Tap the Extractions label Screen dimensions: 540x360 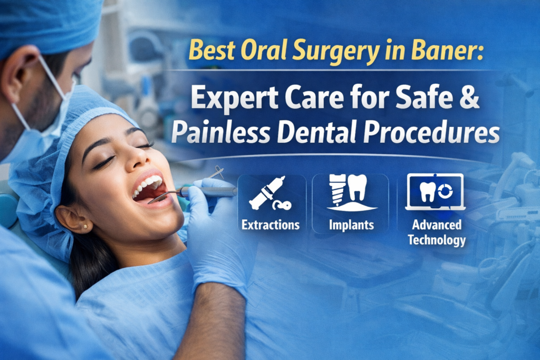pos(271,225)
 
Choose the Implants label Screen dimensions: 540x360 pos(351,225)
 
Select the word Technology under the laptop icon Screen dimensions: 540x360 pos(437,240)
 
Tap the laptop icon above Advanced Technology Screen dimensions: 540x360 pos(436,192)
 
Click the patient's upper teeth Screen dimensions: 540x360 pos(148,186)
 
